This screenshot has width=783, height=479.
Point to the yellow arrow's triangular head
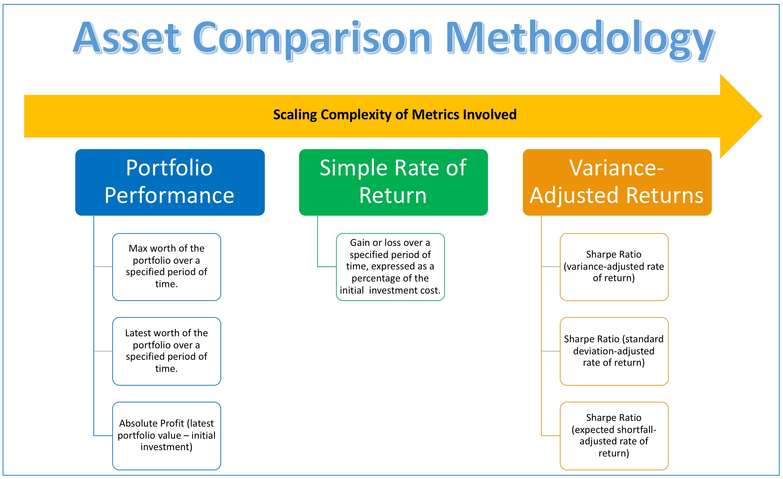(741, 116)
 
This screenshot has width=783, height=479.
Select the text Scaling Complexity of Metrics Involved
(395, 115)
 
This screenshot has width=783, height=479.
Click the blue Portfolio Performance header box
(170, 182)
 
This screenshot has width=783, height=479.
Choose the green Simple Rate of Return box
(394, 182)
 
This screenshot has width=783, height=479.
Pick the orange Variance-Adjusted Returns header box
(617, 182)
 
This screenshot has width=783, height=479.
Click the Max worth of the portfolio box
(167, 267)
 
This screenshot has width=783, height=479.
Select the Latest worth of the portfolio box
(167, 351)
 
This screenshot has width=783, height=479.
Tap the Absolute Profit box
(167, 436)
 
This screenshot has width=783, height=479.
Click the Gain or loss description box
(390, 267)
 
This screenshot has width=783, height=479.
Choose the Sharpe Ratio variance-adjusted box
(614, 267)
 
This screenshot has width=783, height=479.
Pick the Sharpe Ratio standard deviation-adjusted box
(614, 351)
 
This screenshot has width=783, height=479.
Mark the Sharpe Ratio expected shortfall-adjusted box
(614, 436)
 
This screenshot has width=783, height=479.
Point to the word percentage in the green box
(373, 279)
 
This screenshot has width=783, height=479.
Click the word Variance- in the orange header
(617, 168)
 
